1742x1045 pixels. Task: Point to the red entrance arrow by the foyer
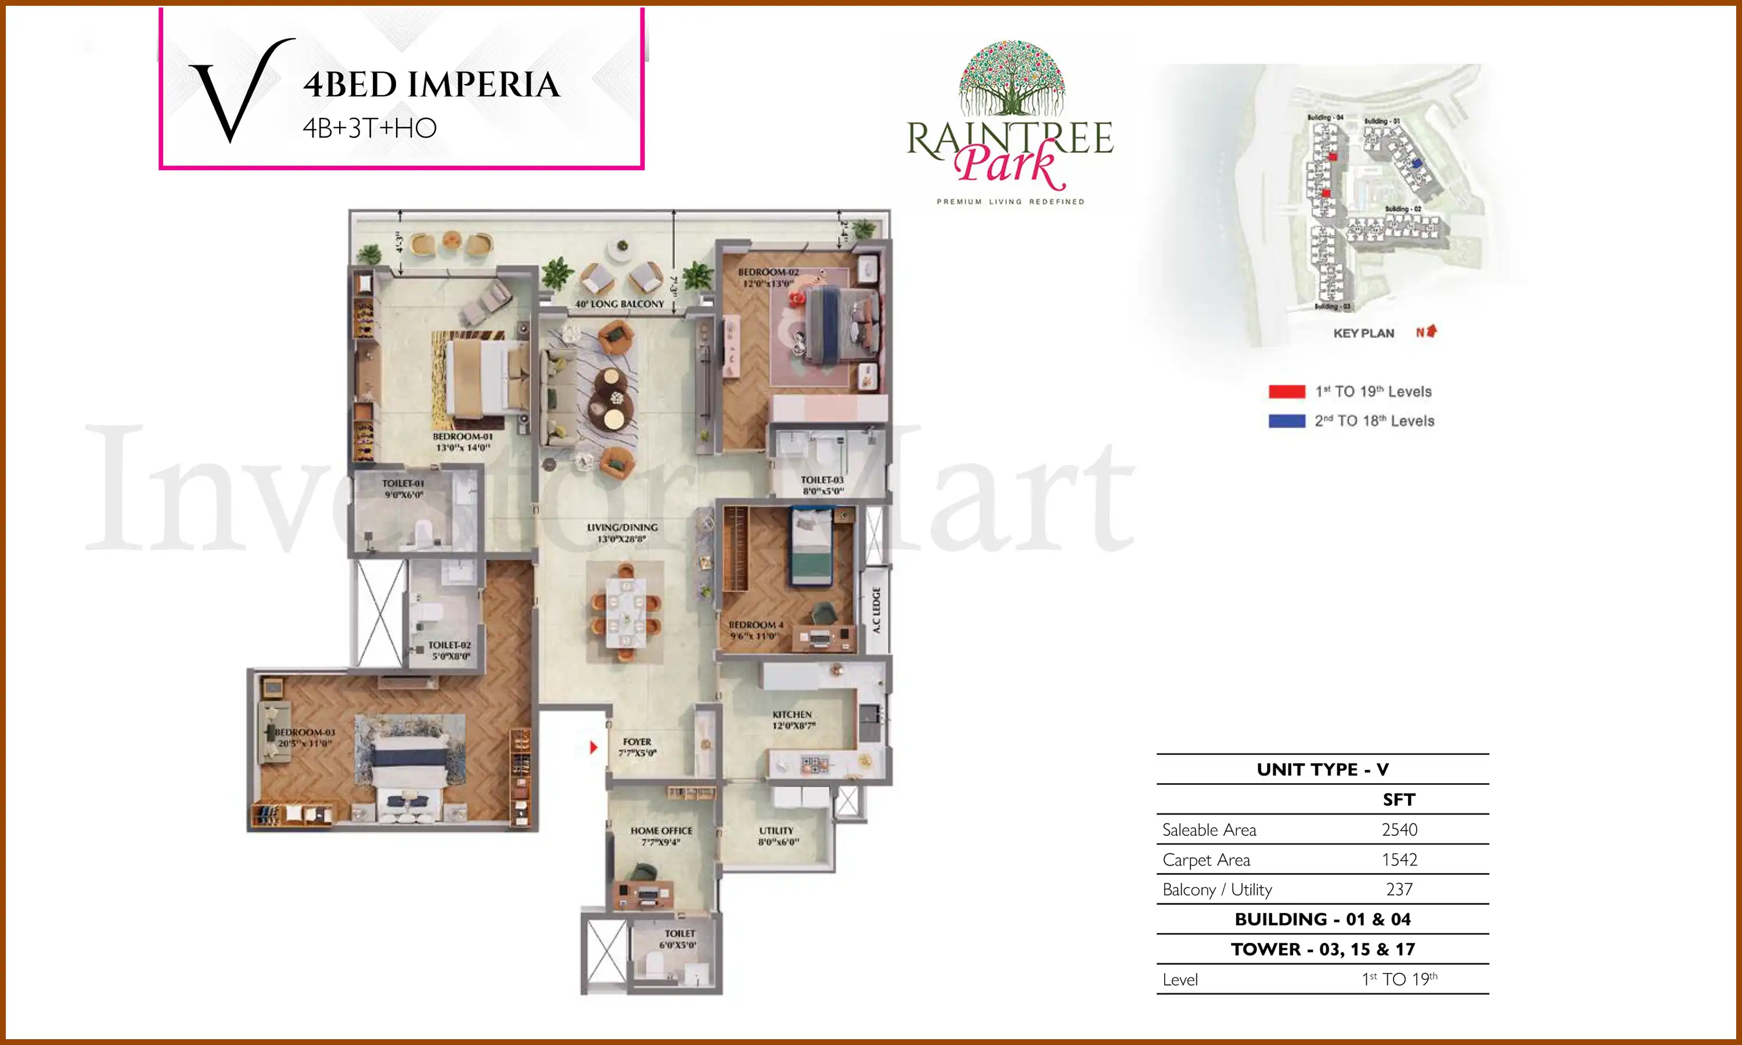pyautogui.click(x=593, y=747)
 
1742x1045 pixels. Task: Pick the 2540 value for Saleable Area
pyautogui.click(x=1399, y=830)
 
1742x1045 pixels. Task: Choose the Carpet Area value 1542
pyautogui.click(x=1399, y=859)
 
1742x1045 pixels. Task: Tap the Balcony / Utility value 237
pyautogui.click(x=1399, y=889)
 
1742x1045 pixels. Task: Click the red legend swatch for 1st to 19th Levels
pyautogui.click(x=1286, y=391)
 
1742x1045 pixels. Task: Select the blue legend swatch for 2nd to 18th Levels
pyautogui.click(x=1286, y=421)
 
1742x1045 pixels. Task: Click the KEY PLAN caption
pyautogui.click(x=1363, y=333)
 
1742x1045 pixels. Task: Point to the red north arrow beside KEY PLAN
pyautogui.click(x=1431, y=331)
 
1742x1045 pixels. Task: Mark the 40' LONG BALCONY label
pyautogui.click(x=620, y=304)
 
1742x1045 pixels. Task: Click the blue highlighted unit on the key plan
pyautogui.click(x=1417, y=163)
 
